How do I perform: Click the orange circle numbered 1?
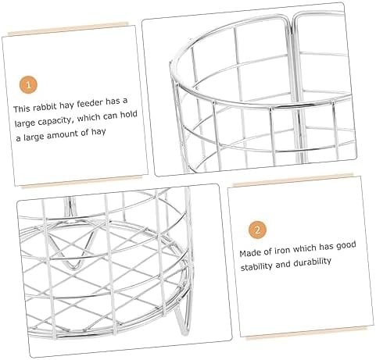coord(28,85)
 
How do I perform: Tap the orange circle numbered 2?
coord(257,230)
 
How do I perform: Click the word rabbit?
coord(45,107)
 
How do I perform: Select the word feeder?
coord(90,103)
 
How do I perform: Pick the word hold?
coord(128,115)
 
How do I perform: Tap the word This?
coord(22,109)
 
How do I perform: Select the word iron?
coord(281,251)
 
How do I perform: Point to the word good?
coord(346,245)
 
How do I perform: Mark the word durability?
coord(312,262)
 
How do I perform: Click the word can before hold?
coord(110,116)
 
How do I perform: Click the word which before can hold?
coord(89,118)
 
